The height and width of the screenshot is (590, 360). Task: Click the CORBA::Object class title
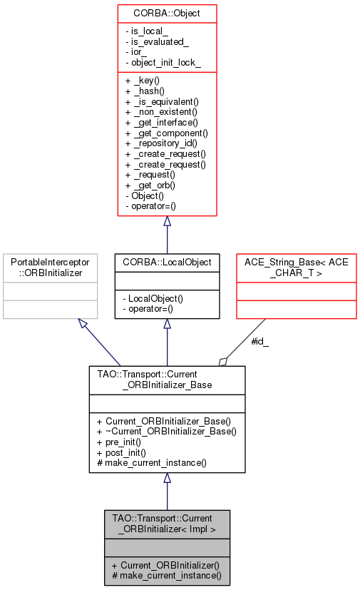click(167, 13)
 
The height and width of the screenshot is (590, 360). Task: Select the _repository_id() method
click(162, 143)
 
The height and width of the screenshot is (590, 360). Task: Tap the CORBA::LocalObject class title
click(167, 263)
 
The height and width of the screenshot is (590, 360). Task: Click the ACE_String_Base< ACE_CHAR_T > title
click(297, 268)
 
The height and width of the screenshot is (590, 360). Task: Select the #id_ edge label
click(260, 341)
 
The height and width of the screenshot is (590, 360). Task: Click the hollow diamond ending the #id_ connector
click(224, 361)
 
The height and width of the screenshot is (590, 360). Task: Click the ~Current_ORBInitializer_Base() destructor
click(166, 432)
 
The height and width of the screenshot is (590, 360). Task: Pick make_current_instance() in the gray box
click(166, 575)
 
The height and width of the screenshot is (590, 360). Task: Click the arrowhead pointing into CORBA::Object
click(167, 222)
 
